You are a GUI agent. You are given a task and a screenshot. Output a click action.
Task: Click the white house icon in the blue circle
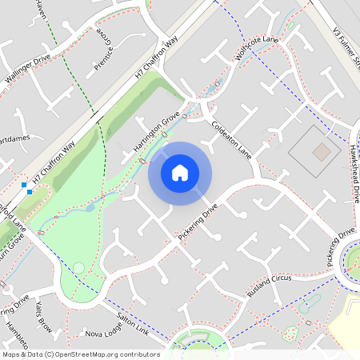[179, 173]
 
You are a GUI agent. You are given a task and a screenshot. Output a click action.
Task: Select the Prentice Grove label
[104, 50]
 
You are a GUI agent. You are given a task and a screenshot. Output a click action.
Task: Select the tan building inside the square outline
[321, 151]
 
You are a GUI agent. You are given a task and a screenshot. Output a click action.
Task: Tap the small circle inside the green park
[78, 268]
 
